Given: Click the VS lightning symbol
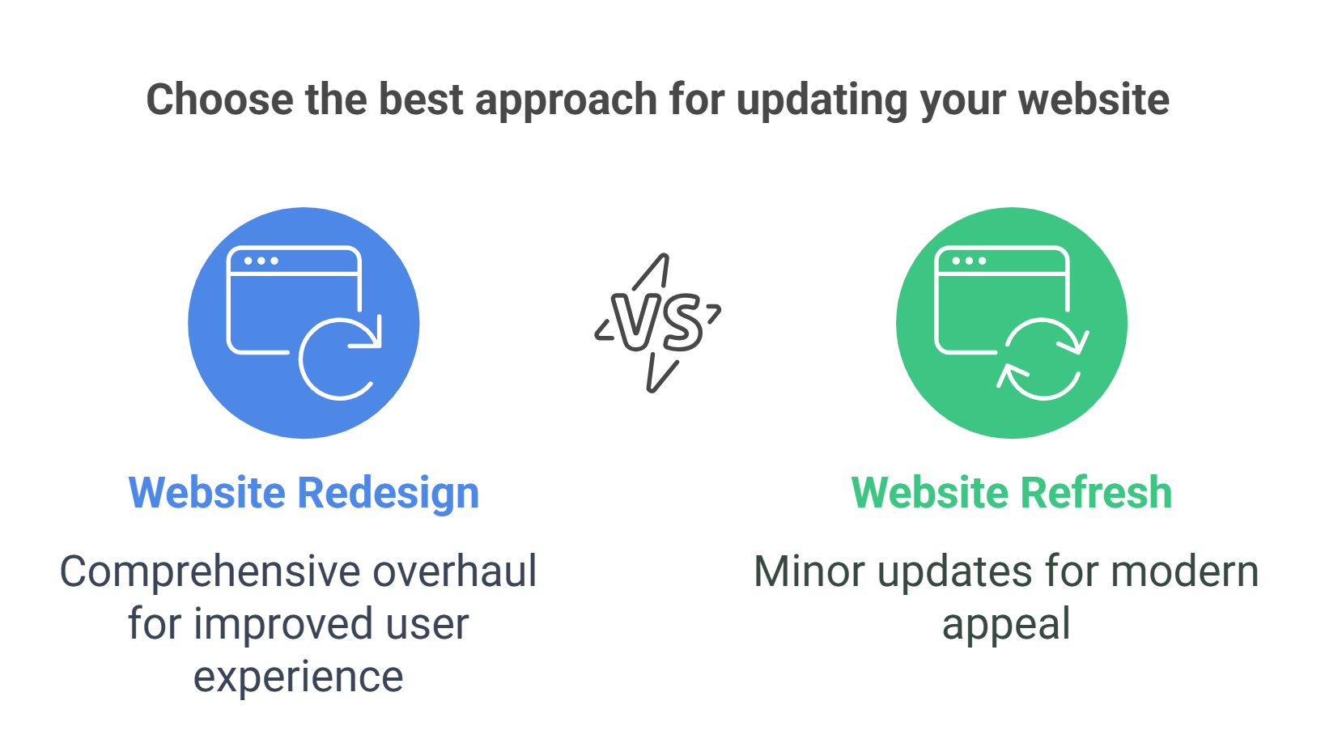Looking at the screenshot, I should coord(657,322).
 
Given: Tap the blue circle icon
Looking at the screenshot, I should coord(304,323).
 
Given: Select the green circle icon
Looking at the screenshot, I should coord(1011,323).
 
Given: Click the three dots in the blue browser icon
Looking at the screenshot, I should coord(261,261).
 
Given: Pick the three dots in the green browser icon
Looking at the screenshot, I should coord(969,261).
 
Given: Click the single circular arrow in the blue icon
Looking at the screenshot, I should coord(339,359).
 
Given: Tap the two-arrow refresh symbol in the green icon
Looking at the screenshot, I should coord(1043,359).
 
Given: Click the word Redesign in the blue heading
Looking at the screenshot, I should coord(389,493).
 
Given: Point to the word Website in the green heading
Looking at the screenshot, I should coord(930,493).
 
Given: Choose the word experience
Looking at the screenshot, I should coord(298,677).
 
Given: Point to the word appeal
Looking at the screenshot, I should coord(1006,625).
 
